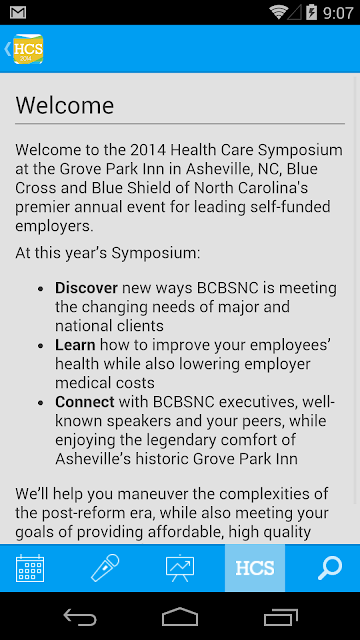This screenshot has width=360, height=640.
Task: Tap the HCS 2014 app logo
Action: (x=28, y=49)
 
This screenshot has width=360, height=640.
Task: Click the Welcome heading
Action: (x=64, y=105)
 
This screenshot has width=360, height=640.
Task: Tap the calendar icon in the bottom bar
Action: (x=30, y=568)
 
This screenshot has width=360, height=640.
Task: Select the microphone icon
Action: (x=105, y=567)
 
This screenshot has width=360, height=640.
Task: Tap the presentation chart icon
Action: (x=180, y=568)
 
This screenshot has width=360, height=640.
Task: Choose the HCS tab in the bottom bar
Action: (x=255, y=568)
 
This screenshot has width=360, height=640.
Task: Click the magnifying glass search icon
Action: (x=330, y=568)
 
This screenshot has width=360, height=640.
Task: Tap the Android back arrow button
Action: (x=80, y=617)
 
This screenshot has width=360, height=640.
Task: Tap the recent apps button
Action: (x=280, y=617)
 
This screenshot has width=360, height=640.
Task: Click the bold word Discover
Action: (x=87, y=288)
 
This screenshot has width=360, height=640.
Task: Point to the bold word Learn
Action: (x=75, y=345)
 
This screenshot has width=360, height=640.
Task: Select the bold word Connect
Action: (x=85, y=402)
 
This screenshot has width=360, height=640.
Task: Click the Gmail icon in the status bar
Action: (x=18, y=13)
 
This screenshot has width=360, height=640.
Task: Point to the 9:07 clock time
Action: (x=338, y=13)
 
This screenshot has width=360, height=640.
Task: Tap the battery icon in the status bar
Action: (x=311, y=12)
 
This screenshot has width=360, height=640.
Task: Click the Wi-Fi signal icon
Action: (x=279, y=12)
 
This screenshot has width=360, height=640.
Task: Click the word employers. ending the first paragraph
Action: (x=55, y=226)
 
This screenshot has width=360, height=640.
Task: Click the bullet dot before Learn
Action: (x=40, y=346)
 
